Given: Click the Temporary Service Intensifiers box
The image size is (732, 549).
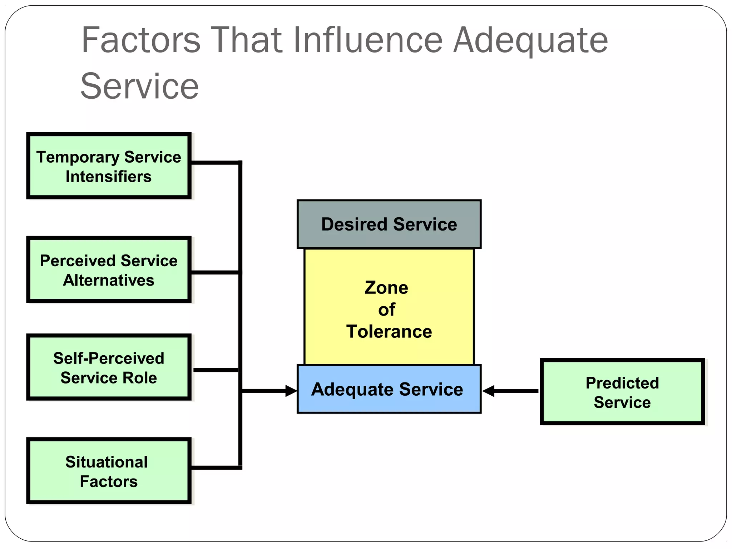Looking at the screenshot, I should pyautogui.click(x=109, y=166).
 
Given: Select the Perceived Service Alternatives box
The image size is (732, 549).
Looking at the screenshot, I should pyautogui.click(x=109, y=270).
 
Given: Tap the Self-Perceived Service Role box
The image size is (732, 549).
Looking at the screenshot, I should pyautogui.click(x=109, y=367).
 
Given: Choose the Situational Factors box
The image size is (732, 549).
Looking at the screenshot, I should pyautogui.click(x=109, y=471).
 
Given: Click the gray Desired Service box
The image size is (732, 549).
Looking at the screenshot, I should pyautogui.click(x=389, y=224).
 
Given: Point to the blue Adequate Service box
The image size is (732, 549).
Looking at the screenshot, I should pyautogui.click(x=389, y=389).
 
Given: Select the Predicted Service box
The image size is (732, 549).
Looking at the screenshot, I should pyautogui.click(x=622, y=392).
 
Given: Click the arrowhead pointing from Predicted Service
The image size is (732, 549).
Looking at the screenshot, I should pyautogui.click(x=489, y=391).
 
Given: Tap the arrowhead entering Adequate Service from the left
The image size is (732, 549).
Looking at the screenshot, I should pyautogui.click(x=291, y=391).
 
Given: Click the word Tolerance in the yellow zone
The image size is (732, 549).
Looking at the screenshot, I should pyautogui.click(x=389, y=331).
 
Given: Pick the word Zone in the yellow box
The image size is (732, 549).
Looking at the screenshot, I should pyautogui.click(x=386, y=288).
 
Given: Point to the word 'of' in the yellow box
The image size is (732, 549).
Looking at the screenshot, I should pyautogui.click(x=387, y=310).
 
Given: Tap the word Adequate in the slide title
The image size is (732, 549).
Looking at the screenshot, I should pyautogui.click(x=530, y=41).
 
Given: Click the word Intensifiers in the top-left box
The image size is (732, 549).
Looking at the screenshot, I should pyautogui.click(x=109, y=177).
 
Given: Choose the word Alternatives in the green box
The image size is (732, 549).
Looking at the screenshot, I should pyautogui.click(x=109, y=280).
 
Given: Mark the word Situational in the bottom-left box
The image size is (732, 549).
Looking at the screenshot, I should pyautogui.click(x=107, y=462).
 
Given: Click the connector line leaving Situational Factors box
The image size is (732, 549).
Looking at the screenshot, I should pyautogui.click(x=214, y=467).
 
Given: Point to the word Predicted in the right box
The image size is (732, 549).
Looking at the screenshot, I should pyautogui.click(x=622, y=383).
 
